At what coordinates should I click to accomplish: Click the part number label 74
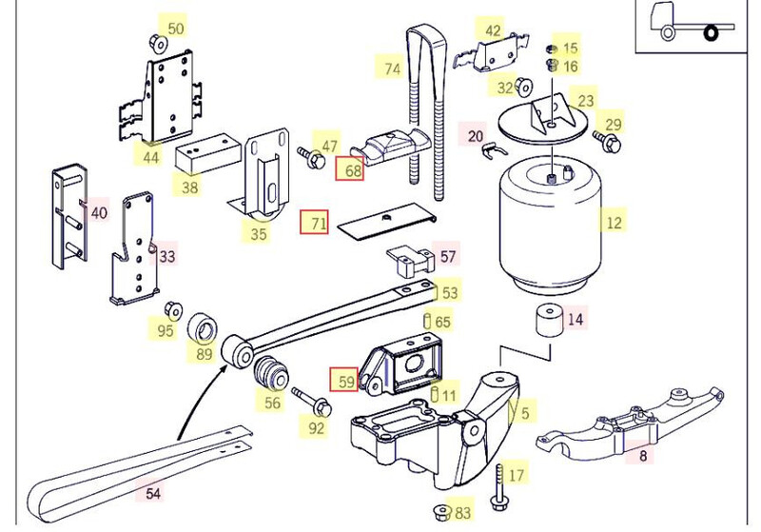(393, 69)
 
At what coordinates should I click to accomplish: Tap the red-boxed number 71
(314, 223)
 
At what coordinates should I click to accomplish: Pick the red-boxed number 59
(343, 382)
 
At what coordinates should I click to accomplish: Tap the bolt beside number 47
(309, 153)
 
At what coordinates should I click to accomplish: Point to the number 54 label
(153, 493)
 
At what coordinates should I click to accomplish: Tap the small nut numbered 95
(173, 311)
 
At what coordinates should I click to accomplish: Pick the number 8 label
(642, 456)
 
